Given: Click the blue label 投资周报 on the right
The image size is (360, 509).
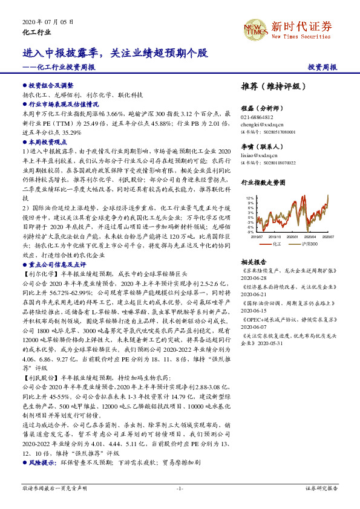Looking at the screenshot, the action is [x=322, y=67].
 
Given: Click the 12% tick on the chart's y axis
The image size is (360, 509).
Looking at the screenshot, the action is [x=249, y=198].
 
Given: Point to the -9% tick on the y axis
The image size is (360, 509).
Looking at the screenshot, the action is [x=249, y=232].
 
